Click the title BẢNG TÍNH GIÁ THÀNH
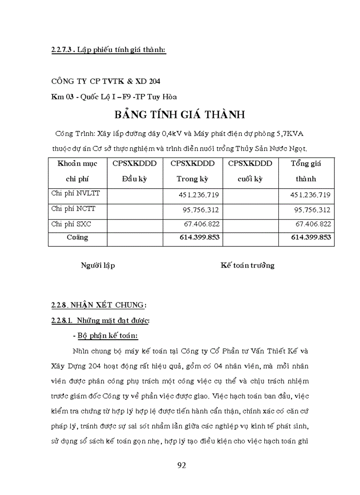click(x=180, y=115)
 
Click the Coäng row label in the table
click(x=77, y=238)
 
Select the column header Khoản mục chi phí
click(x=77, y=171)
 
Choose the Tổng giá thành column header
click(x=306, y=171)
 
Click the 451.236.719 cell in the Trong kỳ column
click(x=199, y=194)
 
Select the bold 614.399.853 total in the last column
click(x=311, y=238)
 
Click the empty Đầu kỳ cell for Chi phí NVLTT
click(x=135, y=194)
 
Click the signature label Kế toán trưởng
click(x=247, y=265)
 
